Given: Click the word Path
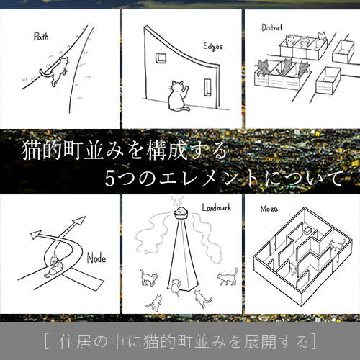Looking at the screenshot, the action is [41, 37].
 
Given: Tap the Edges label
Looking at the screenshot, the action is [213, 47].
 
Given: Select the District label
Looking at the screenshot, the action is [272, 27].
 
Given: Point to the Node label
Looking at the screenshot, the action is [96, 258].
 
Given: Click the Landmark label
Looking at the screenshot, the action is [217, 207].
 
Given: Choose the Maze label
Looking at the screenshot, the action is [269, 209].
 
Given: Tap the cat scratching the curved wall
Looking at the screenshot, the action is [178, 96].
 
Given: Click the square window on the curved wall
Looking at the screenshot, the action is [161, 58].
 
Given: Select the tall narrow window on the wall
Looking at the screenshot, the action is [208, 87].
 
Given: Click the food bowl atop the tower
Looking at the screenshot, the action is [181, 212].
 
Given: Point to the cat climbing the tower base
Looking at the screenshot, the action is [176, 287].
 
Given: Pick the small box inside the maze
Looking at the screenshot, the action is [307, 230].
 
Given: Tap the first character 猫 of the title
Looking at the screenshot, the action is [31, 150].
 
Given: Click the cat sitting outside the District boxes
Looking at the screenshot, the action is [322, 36].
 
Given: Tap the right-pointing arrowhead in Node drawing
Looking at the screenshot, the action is [79, 220].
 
